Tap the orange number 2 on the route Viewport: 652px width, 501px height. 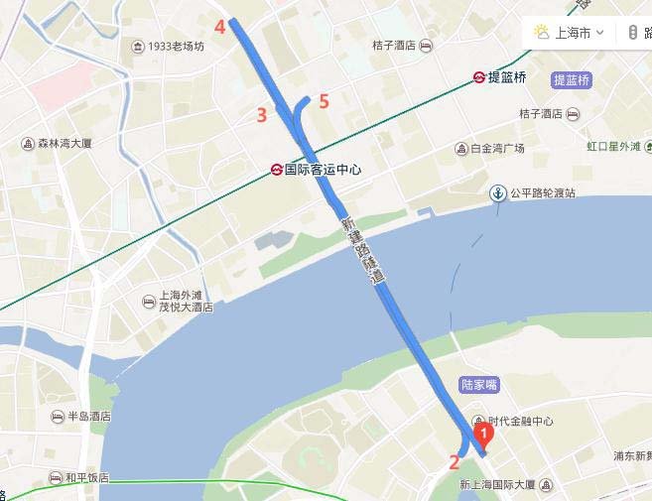455,461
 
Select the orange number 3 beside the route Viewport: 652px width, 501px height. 262,115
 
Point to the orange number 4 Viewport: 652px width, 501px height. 220,27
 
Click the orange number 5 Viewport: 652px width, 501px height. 324,100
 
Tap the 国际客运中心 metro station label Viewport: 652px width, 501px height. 323,170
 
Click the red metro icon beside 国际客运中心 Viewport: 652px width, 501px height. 276,170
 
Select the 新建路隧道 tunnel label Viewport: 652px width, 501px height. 362,252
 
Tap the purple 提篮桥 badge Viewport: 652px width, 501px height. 572,79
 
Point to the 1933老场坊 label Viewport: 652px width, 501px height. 176,47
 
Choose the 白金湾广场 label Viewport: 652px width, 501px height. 496,149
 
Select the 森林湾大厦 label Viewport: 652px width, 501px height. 65,144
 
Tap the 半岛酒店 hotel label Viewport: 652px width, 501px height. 86,417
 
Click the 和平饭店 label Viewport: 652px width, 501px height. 86,478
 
